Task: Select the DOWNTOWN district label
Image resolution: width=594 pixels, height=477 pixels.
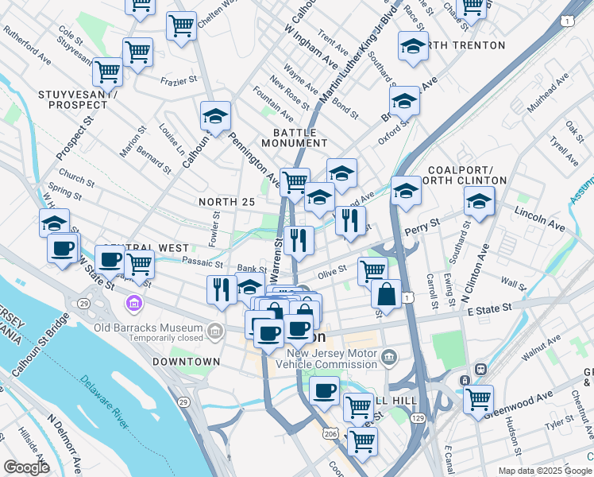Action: pos(186,362)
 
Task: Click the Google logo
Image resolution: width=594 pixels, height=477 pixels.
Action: pos(26,467)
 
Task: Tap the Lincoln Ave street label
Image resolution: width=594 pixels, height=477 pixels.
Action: pos(539,220)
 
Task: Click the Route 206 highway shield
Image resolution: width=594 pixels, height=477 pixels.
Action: pos(330,435)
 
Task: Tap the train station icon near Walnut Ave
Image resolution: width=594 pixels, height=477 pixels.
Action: pos(480,370)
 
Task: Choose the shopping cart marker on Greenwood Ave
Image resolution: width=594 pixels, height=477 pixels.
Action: pos(477,398)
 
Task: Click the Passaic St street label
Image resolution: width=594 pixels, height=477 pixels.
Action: pos(202,262)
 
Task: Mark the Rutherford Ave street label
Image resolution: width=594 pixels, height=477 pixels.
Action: pos(27,48)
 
